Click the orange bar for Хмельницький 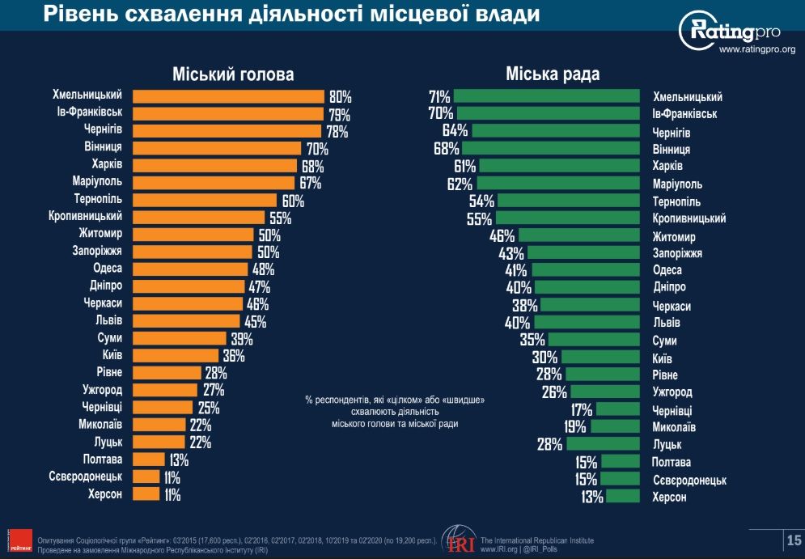click(228, 96)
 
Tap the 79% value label click(337, 114)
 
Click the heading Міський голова click(233, 74)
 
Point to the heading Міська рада click(553, 74)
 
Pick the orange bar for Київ click(176, 355)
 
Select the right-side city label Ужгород click(672, 392)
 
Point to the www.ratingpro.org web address click(756, 50)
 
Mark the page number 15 click(794, 540)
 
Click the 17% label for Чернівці click(582, 409)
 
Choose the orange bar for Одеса click(190, 269)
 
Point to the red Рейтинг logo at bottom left click(19, 540)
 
